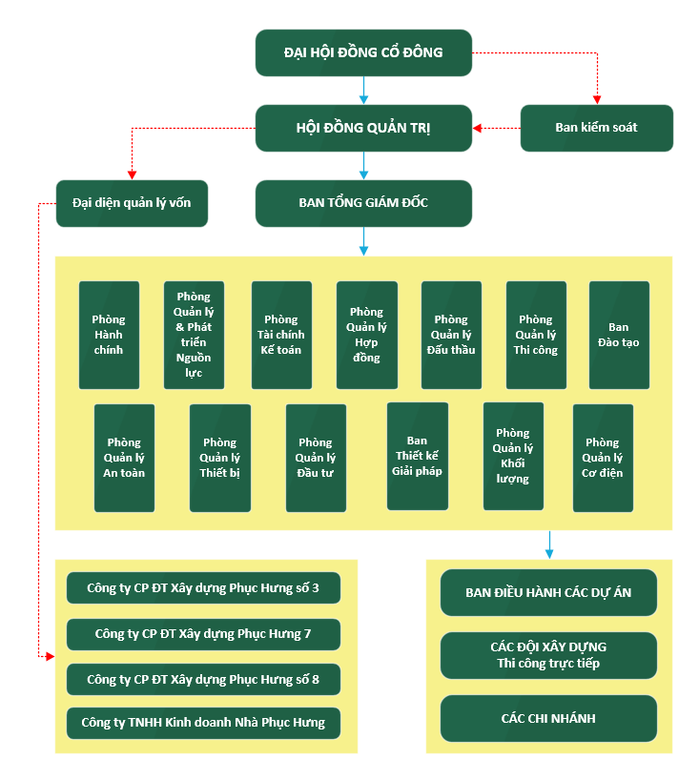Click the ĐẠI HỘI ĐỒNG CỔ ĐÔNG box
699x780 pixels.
point(363,52)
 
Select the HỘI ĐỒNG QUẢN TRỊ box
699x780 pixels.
point(363,128)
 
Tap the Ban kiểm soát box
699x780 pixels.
point(596,128)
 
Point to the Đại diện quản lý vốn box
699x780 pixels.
point(132,203)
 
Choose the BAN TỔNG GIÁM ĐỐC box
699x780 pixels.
point(363,203)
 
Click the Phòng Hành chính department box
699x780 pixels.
point(109,335)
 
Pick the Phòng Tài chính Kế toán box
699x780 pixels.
point(281,335)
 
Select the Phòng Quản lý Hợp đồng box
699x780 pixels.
point(366,335)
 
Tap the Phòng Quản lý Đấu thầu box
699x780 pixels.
point(451,335)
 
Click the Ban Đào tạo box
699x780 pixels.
point(619,335)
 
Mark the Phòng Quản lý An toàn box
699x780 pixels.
point(124,458)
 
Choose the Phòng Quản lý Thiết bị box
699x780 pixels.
point(219,458)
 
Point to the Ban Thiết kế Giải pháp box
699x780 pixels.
point(417,456)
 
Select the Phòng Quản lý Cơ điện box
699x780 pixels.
point(603,458)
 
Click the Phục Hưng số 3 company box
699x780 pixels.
point(203,588)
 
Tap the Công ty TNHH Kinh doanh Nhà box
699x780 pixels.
point(203,723)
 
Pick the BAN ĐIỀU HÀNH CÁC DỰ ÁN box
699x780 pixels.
point(548,593)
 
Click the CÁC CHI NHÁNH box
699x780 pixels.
point(548,718)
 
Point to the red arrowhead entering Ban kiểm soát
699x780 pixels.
point(598,99)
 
